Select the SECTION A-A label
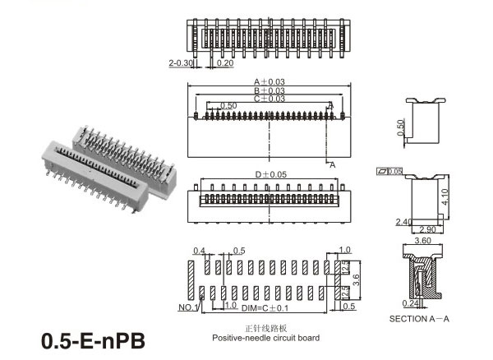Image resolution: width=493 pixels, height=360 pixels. tap(420, 319)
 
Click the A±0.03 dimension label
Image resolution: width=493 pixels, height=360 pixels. tap(269, 81)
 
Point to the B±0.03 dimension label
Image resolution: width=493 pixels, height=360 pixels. tap(269, 90)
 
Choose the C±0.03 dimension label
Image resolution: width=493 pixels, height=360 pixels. tap(269, 99)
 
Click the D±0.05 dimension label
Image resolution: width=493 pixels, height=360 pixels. tap(271, 174)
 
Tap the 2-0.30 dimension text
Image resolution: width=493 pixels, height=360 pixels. tap(179, 62)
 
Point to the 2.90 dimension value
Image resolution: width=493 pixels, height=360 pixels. tap(425, 229)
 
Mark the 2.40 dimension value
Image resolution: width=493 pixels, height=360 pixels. tap(403, 221)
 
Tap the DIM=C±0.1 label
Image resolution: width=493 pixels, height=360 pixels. tap(265, 307)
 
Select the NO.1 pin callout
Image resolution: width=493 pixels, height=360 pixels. tap(187, 307)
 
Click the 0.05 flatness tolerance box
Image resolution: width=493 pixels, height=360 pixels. tap(390, 171)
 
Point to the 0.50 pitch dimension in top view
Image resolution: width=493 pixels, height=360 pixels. tap(228, 105)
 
